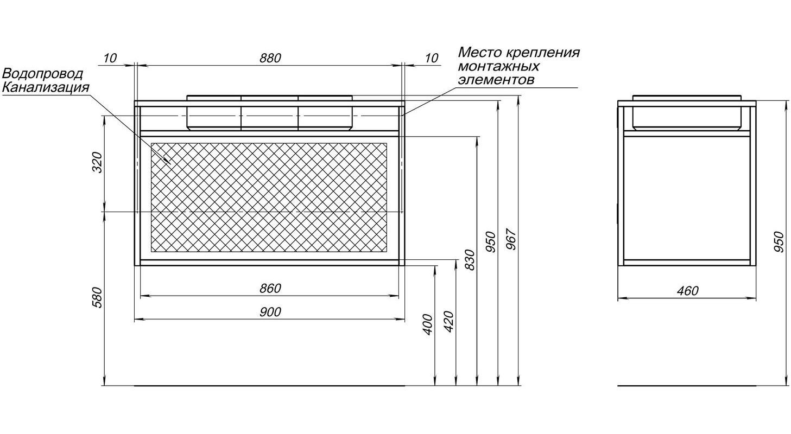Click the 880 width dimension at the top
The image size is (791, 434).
(270, 58)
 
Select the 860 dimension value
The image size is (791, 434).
(270, 288)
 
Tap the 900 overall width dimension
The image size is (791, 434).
(270, 312)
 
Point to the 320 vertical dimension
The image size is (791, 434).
(97, 162)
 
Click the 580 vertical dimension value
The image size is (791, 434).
(97, 298)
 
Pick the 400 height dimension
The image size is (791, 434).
(428, 324)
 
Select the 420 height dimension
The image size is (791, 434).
(448, 322)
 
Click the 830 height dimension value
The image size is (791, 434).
(470, 260)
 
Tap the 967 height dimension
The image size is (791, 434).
(511, 240)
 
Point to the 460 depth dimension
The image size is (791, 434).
(687, 291)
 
